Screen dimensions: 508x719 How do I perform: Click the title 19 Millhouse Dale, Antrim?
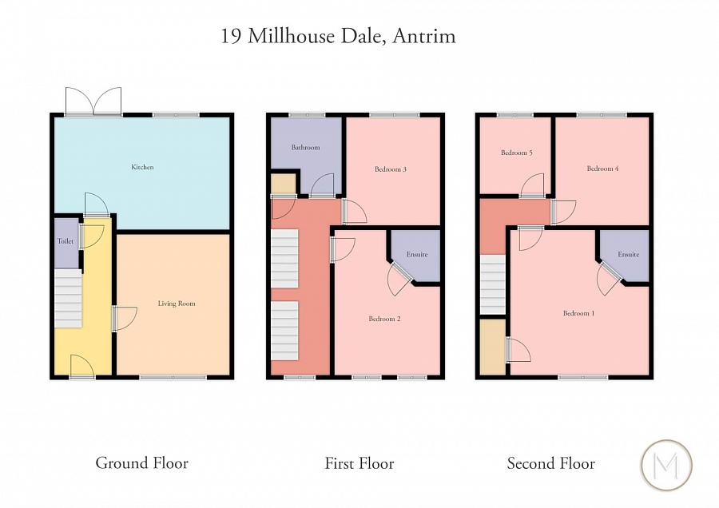[x=339, y=37]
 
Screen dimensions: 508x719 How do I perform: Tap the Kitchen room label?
[x=142, y=167]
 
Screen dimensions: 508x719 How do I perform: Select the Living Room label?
[x=176, y=304]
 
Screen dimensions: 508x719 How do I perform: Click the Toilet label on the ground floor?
[x=65, y=241]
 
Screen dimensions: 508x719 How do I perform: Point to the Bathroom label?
[x=305, y=148]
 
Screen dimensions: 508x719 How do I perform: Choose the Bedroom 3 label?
[x=391, y=169]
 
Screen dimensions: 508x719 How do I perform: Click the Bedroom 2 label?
[x=384, y=319]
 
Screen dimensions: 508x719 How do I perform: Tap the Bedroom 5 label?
[x=517, y=153]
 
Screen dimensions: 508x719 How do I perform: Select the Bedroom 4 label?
[x=602, y=169]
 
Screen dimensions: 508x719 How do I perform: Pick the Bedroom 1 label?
[x=578, y=313]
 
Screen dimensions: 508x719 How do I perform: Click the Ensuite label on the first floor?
[x=416, y=255]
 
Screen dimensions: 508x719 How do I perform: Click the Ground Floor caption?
[x=141, y=462]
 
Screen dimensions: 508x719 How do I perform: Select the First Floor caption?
[x=359, y=462]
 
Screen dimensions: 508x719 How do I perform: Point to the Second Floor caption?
[x=550, y=462]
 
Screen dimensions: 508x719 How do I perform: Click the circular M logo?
[x=666, y=464]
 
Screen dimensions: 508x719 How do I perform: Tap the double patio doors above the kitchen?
[x=93, y=101]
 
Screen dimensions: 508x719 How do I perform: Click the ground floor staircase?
[x=68, y=297]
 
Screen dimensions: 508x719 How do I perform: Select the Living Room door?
[x=124, y=319]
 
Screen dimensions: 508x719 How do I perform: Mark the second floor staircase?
[x=493, y=286]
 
